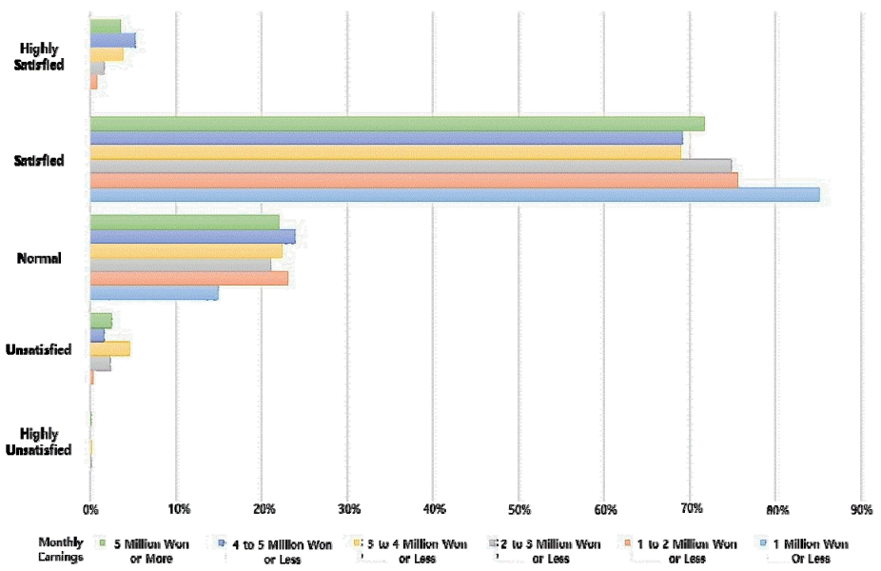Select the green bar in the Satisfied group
[397, 123]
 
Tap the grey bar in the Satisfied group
[410, 166]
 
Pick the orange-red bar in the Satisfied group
[414, 180]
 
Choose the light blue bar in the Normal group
[153, 293]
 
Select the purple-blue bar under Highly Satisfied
[112, 40]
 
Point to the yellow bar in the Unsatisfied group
[109, 348]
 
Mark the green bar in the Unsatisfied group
[101, 321]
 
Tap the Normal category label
[39, 258]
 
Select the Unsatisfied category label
[37, 350]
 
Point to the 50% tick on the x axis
[519, 509]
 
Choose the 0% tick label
[89, 509]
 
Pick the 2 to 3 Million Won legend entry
[551, 551]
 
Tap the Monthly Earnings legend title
[61, 549]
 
